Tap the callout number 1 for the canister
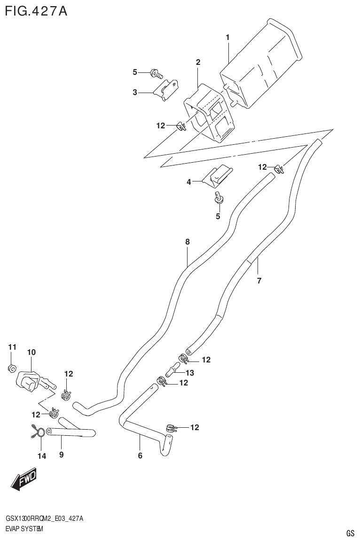tap(227, 37)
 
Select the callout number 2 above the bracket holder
tap(198, 62)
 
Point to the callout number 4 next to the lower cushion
tap(189, 182)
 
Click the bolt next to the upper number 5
tap(156, 73)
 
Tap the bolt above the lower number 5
tap(218, 196)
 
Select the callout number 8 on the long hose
tap(187, 242)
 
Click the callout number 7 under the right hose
tap(258, 281)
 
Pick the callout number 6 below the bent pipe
tap(140, 455)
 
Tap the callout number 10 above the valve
tap(31, 352)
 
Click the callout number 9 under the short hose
tap(61, 455)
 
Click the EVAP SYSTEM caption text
tap(24, 529)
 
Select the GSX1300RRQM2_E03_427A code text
tap(45, 518)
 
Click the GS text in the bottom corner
tap(350, 533)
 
